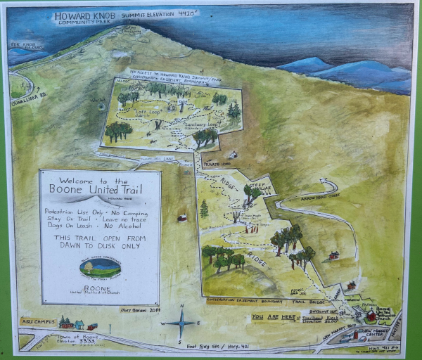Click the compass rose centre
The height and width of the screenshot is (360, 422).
point(181,323)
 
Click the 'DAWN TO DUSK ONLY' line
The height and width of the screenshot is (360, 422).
point(99,247)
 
